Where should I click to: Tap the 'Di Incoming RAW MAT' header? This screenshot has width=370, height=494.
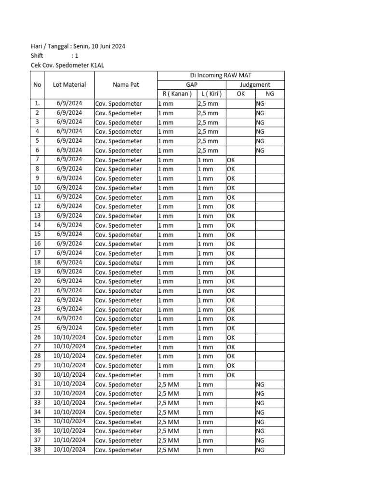pos(221,75)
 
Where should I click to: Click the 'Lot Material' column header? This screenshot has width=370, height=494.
pos(69,84)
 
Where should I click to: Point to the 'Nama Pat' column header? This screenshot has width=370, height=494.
pos(126,84)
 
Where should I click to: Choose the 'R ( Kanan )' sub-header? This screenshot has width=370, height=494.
pos(177,94)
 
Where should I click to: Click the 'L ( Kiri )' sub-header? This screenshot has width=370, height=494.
pos(211,94)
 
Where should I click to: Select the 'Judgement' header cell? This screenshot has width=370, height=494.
pos(255,84)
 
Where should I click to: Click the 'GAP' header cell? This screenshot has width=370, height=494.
pos(192,84)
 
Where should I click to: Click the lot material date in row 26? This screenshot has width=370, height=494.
pos(69,337)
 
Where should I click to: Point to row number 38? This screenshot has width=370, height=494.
pos(37,450)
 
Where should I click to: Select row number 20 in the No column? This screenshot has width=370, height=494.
pos(37,281)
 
